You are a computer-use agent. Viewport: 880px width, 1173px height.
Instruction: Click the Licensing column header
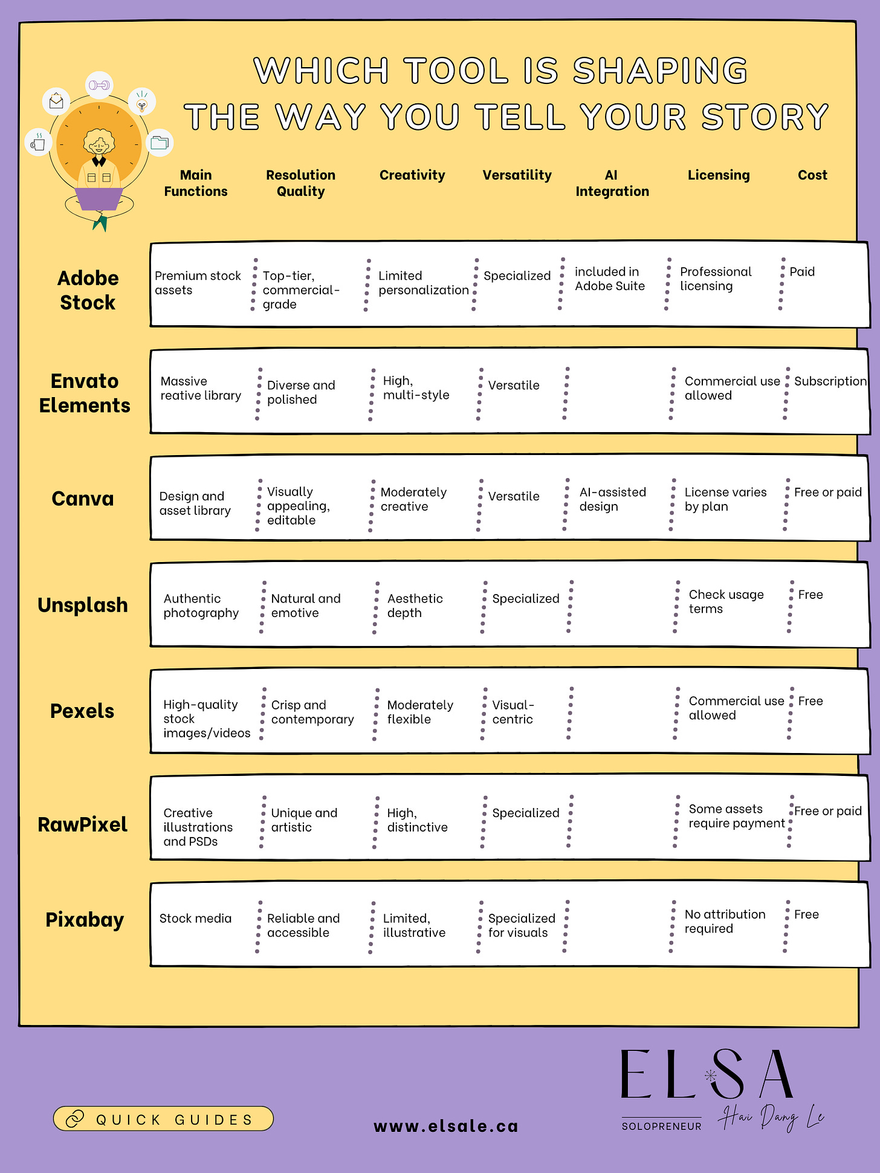pos(718,175)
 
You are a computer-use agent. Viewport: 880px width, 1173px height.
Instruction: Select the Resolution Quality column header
pos(300,183)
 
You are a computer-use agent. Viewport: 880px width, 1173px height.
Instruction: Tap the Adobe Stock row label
pos(88,290)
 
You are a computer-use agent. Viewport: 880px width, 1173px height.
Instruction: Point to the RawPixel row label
pos(83,824)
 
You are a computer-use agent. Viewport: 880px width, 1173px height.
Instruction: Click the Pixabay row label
pos(85,919)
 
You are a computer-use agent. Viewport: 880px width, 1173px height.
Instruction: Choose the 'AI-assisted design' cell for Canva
pos(612,499)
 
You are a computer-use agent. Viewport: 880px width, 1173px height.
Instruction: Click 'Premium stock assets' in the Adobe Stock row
pos(198,283)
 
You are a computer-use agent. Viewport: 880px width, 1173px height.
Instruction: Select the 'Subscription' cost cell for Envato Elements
pos(830,381)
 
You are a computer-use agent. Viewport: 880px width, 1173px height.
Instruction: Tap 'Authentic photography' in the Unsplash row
pos(201,606)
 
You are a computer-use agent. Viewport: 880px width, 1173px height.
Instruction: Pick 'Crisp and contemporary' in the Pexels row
pos(312,712)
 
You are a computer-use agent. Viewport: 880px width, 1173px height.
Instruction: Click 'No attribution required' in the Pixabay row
pos(725,921)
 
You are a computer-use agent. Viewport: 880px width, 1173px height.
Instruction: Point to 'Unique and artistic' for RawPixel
pos(304,820)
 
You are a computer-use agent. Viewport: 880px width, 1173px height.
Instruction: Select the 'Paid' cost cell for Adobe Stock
pos(802,272)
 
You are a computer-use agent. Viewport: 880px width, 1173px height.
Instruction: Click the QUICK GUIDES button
pos(163,1119)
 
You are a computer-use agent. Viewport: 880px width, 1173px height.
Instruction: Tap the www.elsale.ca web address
pos(446,1126)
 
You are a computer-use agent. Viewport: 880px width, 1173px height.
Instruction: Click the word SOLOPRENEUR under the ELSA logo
pos(661,1126)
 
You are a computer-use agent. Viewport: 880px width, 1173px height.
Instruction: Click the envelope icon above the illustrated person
pos(56,101)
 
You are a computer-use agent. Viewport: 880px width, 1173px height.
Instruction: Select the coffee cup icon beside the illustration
pos(38,144)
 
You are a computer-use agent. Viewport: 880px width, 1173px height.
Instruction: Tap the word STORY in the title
pos(765,117)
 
